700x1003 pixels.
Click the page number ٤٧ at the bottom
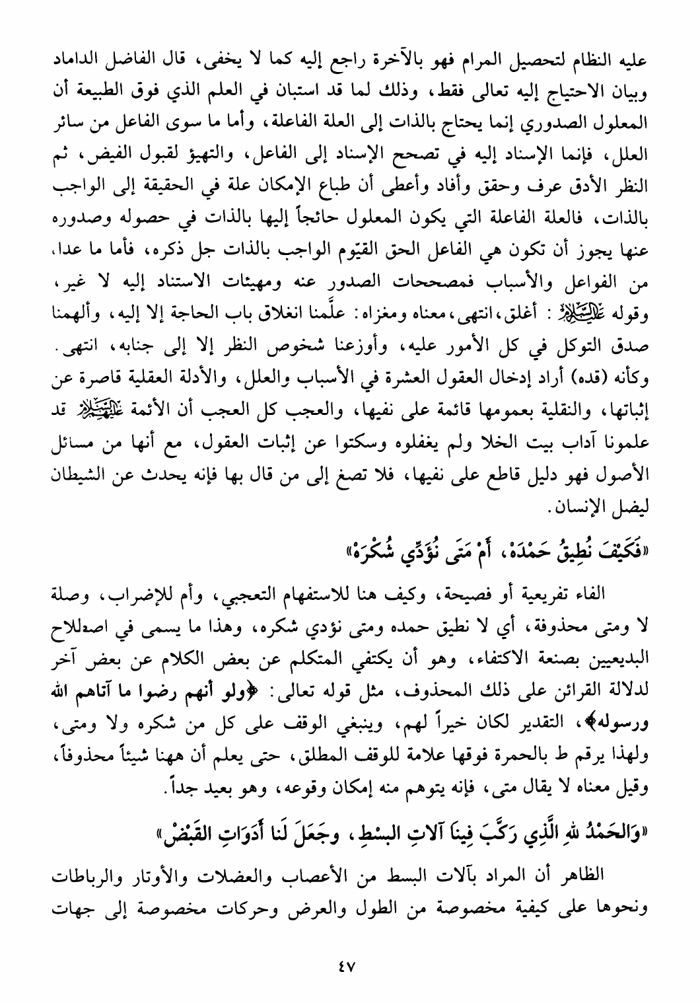coord(344,966)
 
